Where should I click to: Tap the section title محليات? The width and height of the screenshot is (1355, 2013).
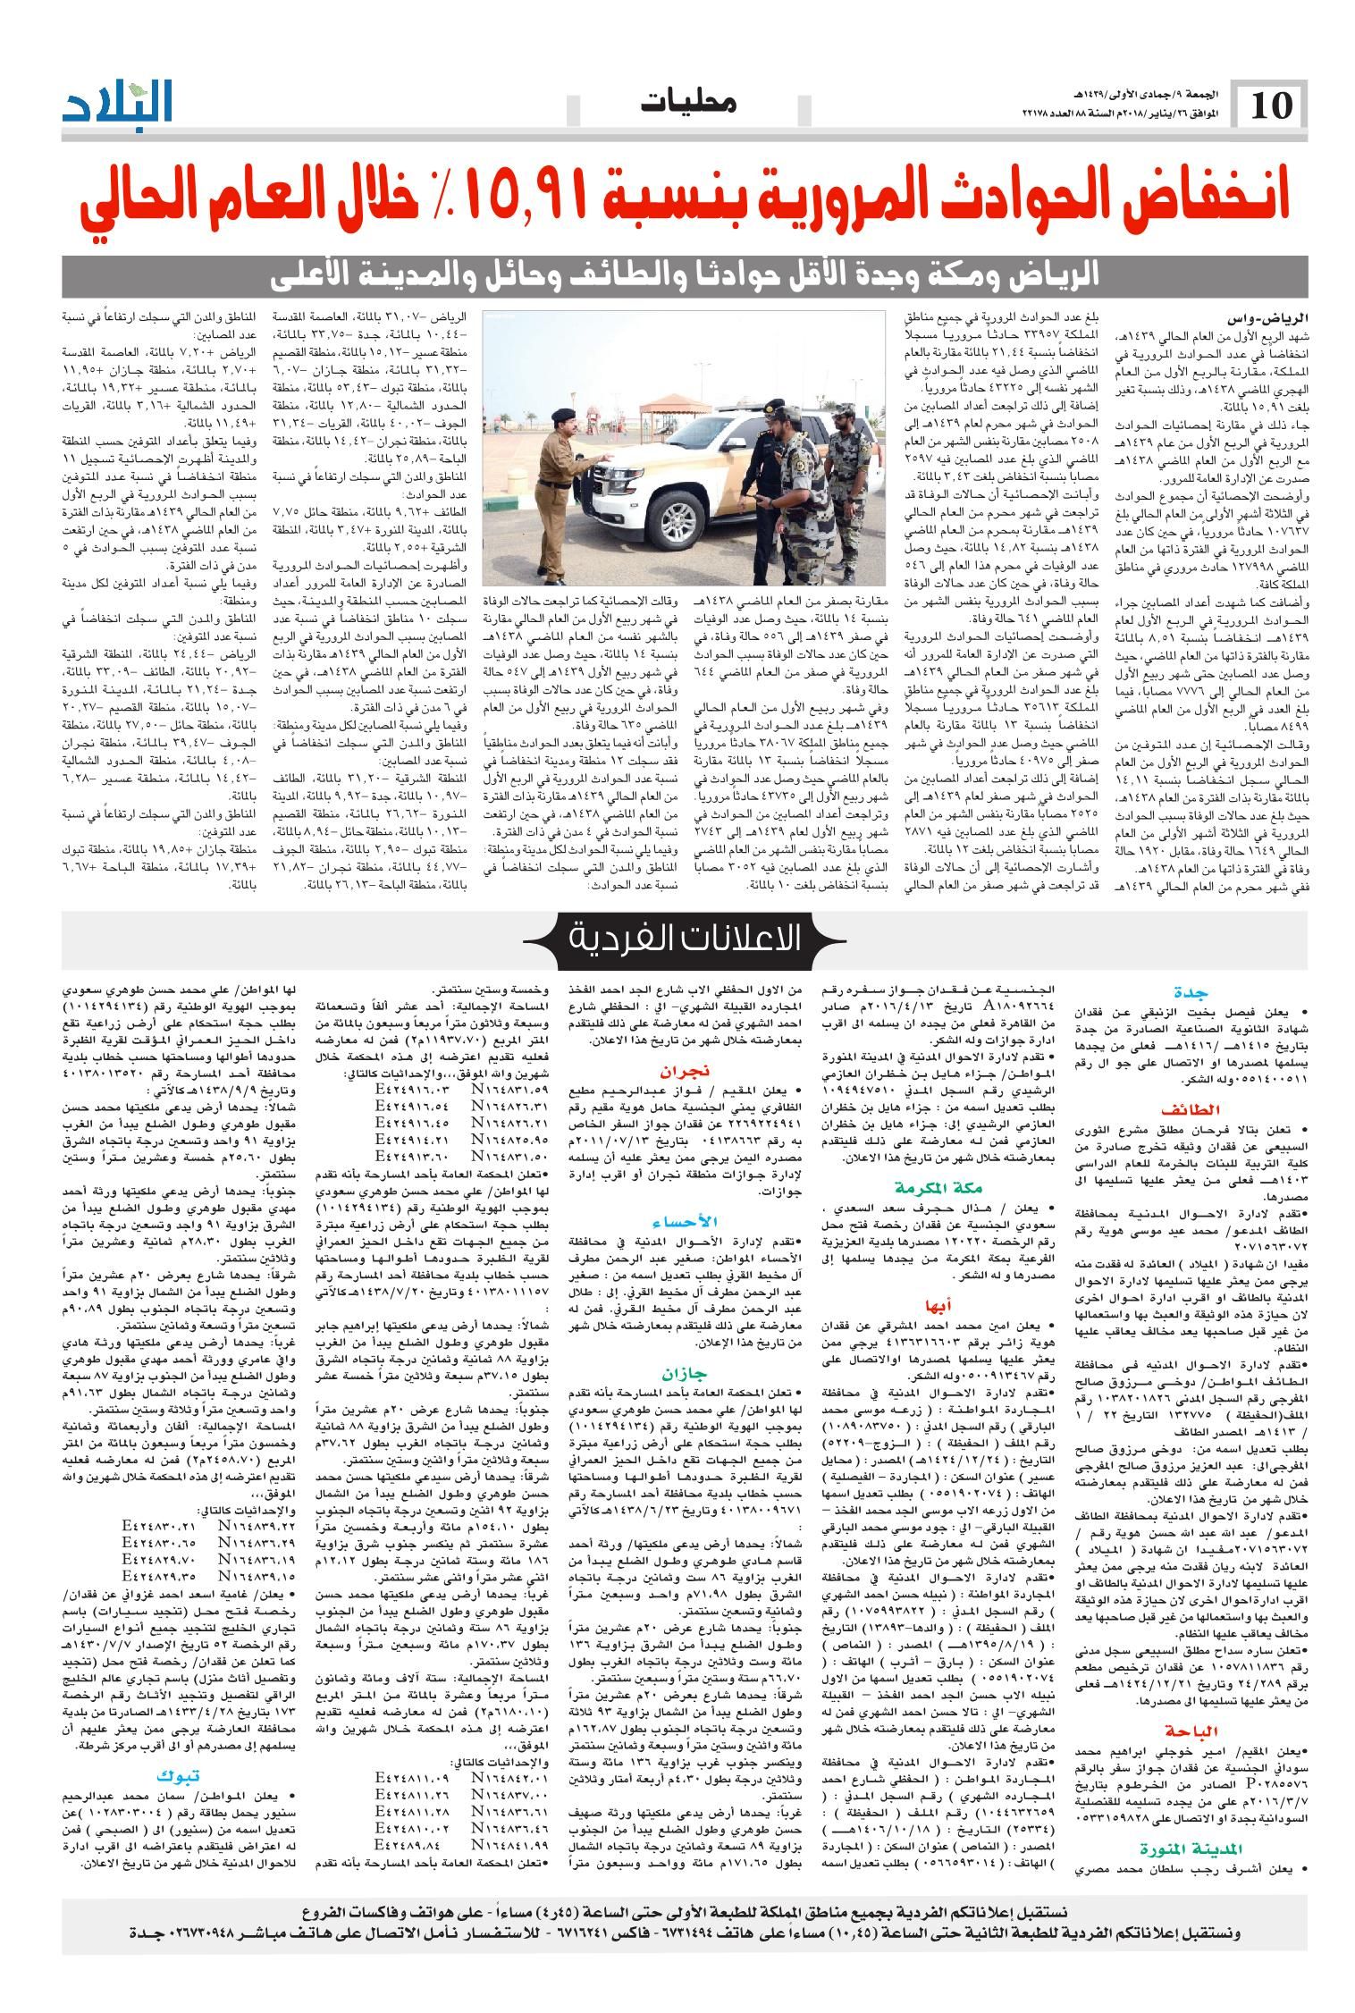click(688, 105)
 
